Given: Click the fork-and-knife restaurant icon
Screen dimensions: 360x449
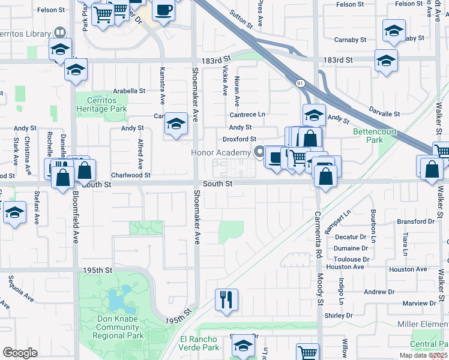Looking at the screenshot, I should pos(226,299).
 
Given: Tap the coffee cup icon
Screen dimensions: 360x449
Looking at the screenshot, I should pos(163,10).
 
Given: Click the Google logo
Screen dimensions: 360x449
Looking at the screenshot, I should pos(20,353).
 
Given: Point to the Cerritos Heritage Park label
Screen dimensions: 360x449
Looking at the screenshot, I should pos(101,104).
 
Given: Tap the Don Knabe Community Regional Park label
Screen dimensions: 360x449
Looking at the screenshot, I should pos(118,327).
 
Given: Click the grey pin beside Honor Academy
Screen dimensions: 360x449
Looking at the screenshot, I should pos(259,152).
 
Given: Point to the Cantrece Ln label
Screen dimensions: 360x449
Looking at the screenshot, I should pos(247,114).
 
